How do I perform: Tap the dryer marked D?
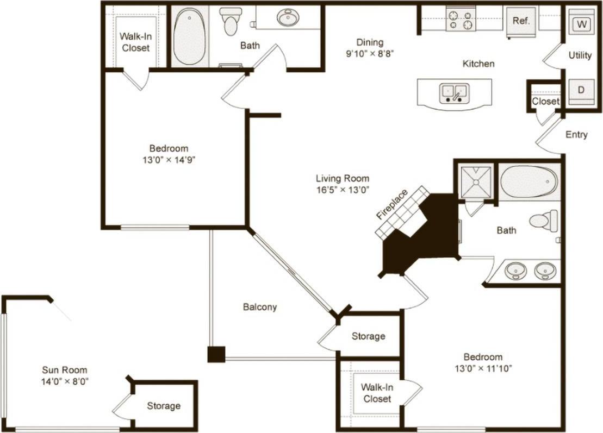click(581, 90)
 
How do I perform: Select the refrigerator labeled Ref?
click(521, 22)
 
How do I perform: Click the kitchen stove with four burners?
click(459, 20)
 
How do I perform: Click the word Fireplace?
click(391, 204)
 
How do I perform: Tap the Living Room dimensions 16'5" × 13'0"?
click(343, 190)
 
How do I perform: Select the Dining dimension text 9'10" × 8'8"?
click(370, 54)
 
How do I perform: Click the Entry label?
click(576, 135)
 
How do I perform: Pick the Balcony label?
click(259, 307)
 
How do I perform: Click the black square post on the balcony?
click(216, 354)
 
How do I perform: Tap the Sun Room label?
click(65, 370)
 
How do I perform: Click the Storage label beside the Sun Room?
click(164, 406)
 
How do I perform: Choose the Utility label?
click(580, 55)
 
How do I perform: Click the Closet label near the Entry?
click(545, 102)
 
